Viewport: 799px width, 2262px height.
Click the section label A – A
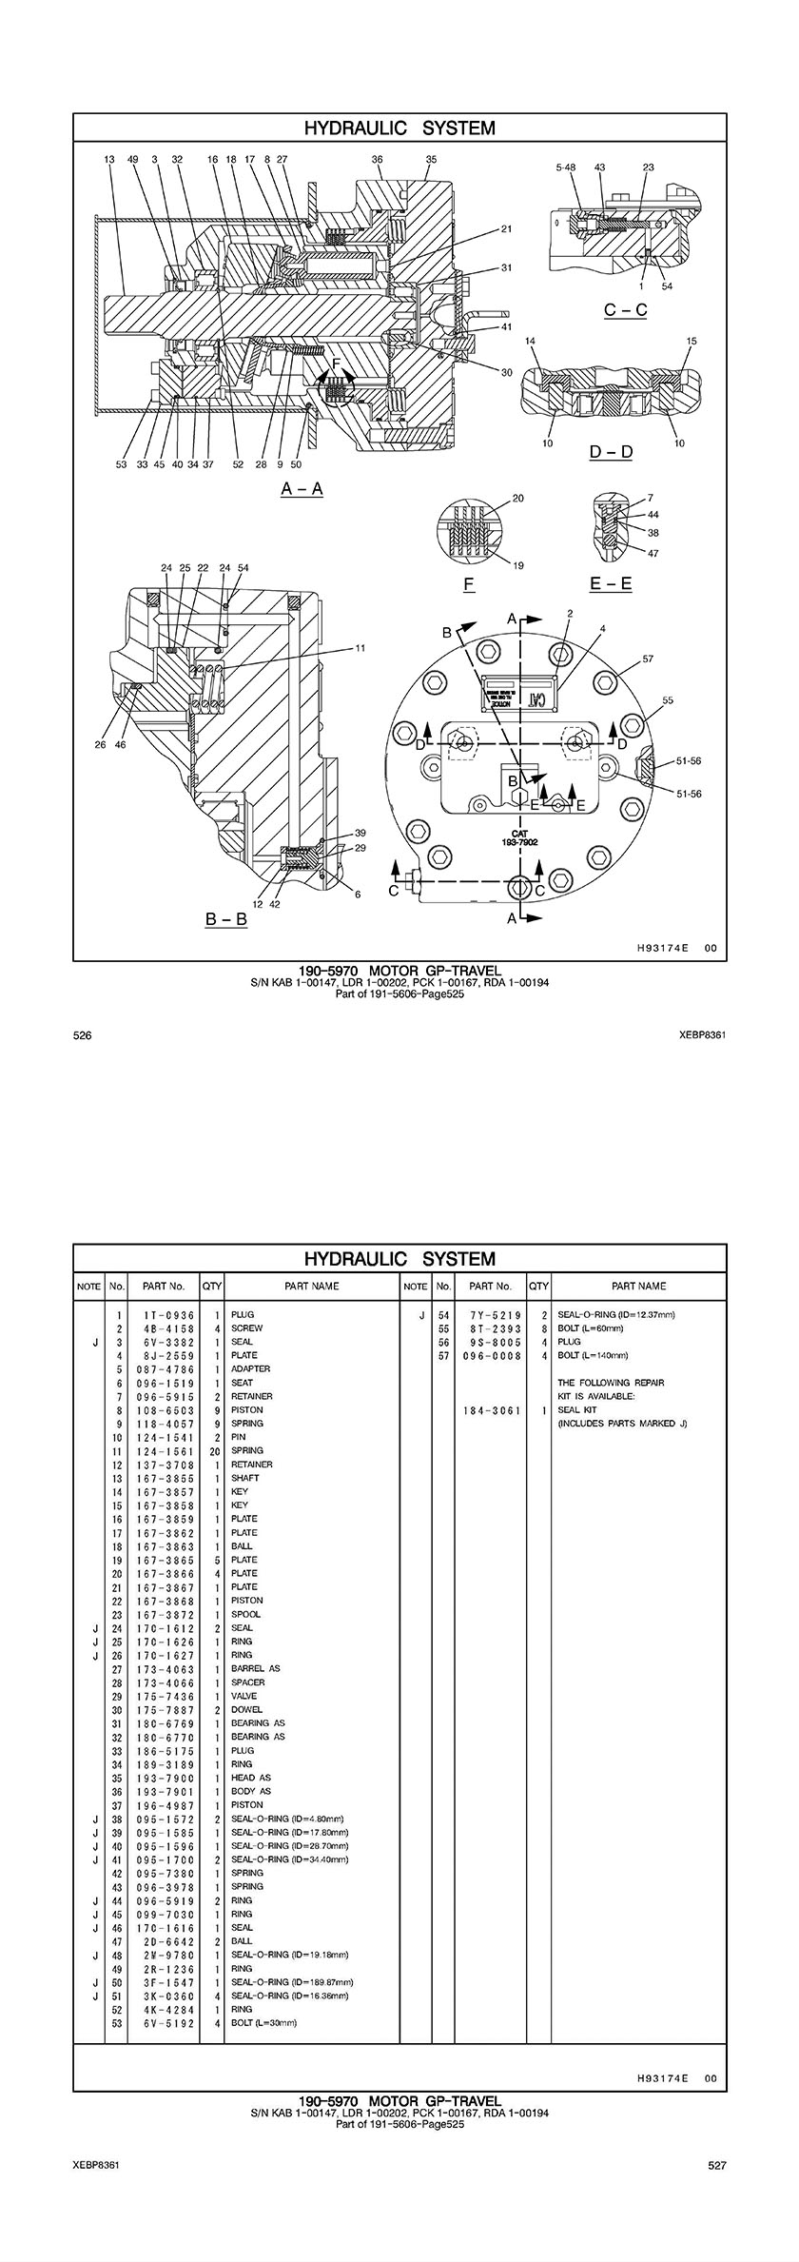pos(302,489)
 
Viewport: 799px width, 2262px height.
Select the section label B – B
pos(226,920)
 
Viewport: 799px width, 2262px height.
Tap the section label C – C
pos(625,310)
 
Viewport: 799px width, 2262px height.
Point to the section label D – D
pos(611,452)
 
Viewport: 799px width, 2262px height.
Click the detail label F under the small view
pos(469,584)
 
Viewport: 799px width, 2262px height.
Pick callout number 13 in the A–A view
pos(109,160)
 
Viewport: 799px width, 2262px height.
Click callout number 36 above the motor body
pos(377,160)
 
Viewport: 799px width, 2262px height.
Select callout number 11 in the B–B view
pos(361,649)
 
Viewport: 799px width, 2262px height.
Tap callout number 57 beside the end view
pos(648,659)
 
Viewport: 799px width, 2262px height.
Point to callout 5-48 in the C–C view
pos(566,167)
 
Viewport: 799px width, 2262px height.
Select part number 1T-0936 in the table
pos(164,1314)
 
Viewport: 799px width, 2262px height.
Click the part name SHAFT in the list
pos(244,1478)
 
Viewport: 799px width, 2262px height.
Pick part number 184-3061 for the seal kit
pos(490,1410)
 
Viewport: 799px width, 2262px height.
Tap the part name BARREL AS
pos(255,1668)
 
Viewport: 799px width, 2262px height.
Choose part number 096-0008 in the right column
pos(490,1355)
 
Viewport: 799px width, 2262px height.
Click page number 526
pos(82,1035)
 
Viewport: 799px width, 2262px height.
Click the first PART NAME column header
pos(311,1286)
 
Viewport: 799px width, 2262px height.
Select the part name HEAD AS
pos(251,1778)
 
